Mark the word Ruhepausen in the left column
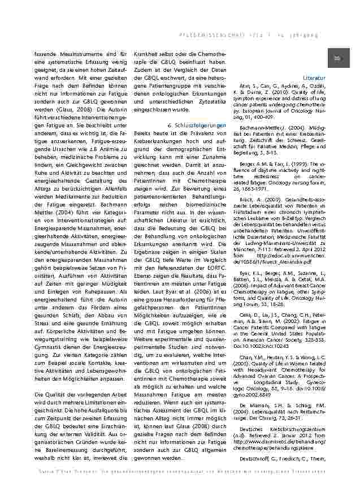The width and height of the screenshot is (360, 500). click(x=97, y=259)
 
